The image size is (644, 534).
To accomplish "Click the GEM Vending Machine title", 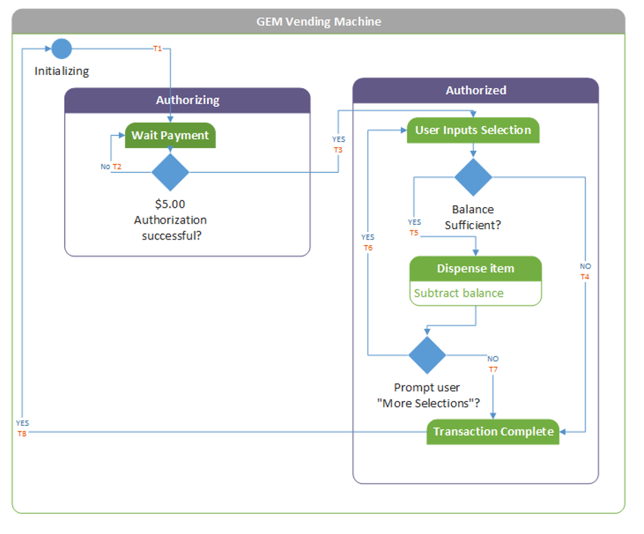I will point(319,21).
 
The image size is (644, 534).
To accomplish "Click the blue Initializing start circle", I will point(61,49).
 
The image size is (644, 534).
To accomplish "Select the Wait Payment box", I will point(170,136).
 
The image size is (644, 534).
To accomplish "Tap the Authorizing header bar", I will point(187,100).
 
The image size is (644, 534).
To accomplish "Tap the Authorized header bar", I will point(475,91).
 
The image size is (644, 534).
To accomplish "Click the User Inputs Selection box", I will point(473,130).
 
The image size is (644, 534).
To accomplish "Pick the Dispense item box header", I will point(475,268).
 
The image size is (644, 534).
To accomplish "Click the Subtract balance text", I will point(458,293).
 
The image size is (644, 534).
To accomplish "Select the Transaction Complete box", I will point(493,431).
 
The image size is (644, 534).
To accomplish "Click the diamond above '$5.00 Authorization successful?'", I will point(170,172).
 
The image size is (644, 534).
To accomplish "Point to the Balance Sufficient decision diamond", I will point(473,177).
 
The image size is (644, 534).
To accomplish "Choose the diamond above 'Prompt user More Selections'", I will point(427,355).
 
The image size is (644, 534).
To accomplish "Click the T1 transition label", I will point(158,49).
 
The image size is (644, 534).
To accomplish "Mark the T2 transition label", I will point(117,167).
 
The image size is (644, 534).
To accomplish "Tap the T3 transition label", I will point(338,149).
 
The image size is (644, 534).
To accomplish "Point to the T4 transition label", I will point(585,277).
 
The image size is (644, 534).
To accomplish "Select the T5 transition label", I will point(414,233).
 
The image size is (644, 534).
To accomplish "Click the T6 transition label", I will point(368,247).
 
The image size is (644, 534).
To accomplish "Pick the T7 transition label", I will point(493,370).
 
